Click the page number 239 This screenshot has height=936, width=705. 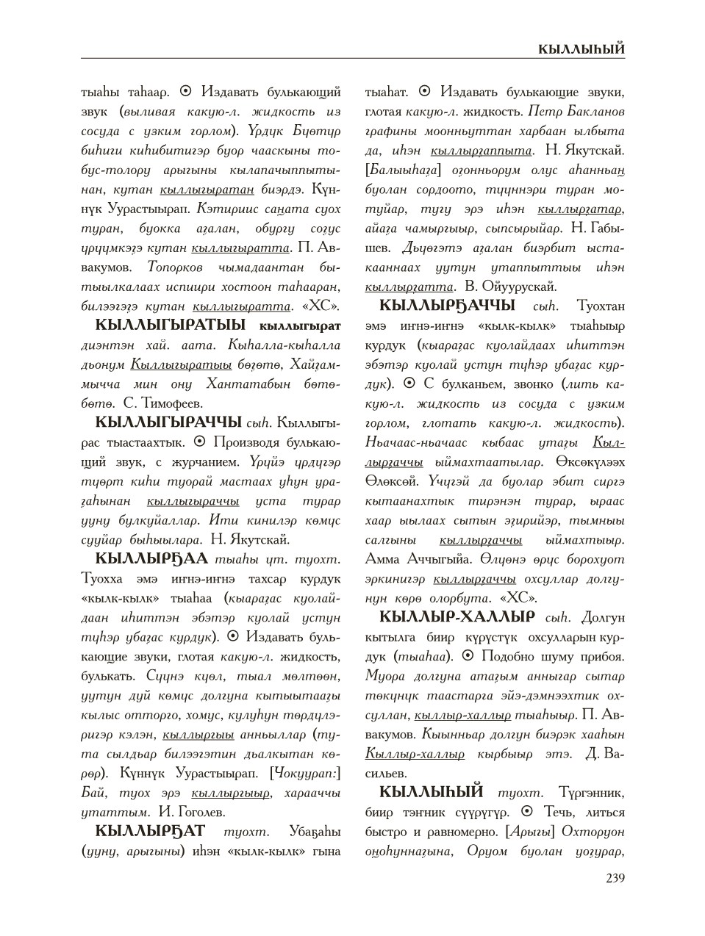pyautogui.click(x=615, y=877)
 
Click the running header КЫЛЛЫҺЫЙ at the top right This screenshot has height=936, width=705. pyautogui.click(x=581, y=49)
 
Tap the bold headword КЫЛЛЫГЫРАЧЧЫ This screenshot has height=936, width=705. pyautogui.click(x=168, y=422)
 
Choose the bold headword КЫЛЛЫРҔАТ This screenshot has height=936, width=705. pyautogui.click(x=150, y=832)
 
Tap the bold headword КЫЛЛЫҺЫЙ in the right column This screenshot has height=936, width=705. pyautogui.click(x=431, y=793)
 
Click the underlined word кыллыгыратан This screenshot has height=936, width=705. pyautogui.click(x=207, y=189)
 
